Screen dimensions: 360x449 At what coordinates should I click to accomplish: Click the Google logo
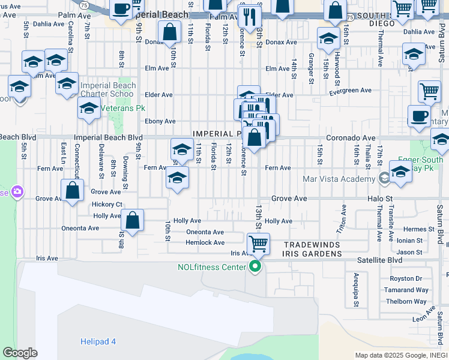20,353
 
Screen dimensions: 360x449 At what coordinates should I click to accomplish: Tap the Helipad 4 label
98,341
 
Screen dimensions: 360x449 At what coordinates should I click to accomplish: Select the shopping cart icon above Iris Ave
258,244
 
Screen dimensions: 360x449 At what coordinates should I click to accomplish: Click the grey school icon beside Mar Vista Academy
384,179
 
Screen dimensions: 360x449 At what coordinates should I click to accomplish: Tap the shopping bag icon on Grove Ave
73,191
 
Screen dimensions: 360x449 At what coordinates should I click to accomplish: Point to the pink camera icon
17,192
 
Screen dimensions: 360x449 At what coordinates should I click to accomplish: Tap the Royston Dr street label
406,278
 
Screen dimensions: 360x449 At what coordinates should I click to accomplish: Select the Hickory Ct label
107,204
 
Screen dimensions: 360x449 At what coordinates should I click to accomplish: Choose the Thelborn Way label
407,302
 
